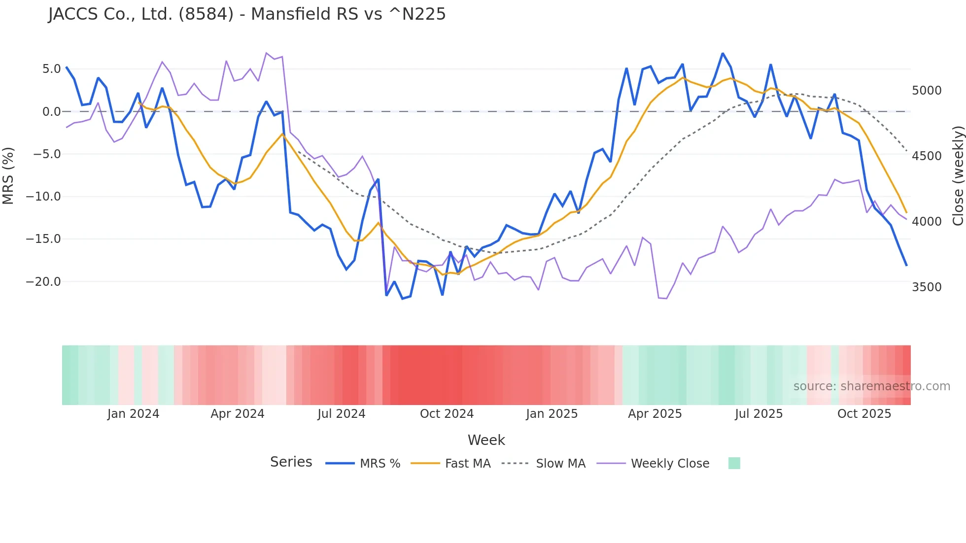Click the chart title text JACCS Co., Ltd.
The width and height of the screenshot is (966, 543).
246,14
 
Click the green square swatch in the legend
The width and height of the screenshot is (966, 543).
734,463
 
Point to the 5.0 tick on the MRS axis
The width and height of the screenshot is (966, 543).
51,69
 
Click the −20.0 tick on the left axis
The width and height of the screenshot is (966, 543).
43,282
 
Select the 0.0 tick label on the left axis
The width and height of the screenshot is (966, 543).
51,112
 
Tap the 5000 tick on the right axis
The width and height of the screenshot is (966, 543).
927,91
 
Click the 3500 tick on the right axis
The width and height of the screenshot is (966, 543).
927,287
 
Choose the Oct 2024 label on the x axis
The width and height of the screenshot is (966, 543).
447,414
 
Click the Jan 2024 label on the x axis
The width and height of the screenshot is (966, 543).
133,414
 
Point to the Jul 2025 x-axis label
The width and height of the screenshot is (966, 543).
759,414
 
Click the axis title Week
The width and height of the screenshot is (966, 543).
486,440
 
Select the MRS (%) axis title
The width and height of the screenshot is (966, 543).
8,176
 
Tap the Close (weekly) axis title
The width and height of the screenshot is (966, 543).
958,176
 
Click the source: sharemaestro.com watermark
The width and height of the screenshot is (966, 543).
871,386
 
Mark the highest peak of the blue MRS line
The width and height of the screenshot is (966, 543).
723,53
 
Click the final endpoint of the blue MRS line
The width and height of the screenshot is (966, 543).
906,265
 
